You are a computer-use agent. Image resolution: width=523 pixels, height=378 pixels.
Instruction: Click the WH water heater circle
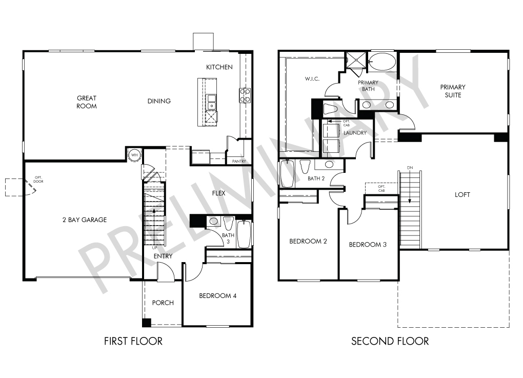[x=134, y=155]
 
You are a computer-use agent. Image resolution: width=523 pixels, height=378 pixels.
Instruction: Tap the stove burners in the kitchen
[x=245, y=95]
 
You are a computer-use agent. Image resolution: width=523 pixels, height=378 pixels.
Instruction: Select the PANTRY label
[x=239, y=162]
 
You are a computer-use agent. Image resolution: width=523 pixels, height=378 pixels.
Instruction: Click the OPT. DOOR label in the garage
[x=38, y=180]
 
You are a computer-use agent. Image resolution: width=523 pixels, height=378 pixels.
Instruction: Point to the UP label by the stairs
[x=154, y=248]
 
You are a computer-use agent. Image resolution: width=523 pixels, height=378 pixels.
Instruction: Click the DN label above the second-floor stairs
[x=410, y=168]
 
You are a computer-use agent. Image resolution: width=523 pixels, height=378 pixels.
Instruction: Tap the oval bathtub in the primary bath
[x=382, y=62]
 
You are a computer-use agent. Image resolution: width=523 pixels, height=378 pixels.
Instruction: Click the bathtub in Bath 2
[x=287, y=173]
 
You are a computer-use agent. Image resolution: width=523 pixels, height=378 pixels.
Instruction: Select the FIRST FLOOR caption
[x=133, y=341]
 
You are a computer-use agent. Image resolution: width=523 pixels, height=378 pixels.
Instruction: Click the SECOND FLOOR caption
[x=390, y=341]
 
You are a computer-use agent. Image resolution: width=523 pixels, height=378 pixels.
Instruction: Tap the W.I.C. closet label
[x=312, y=79]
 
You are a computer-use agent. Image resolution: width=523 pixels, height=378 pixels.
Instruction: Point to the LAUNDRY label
[x=355, y=133]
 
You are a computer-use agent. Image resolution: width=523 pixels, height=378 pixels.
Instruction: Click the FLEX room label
[x=218, y=193]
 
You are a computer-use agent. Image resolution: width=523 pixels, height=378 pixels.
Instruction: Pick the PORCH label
[x=163, y=303]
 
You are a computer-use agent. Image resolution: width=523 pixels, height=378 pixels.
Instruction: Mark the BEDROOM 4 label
[x=217, y=295]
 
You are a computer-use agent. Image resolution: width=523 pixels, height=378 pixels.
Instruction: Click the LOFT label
[x=462, y=194]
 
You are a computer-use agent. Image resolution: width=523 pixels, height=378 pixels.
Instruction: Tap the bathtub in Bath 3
[x=244, y=234]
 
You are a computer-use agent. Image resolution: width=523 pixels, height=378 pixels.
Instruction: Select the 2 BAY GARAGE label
[x=85, y=220]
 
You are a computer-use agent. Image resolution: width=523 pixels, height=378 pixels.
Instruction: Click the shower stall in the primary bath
[x=356, y=60]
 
